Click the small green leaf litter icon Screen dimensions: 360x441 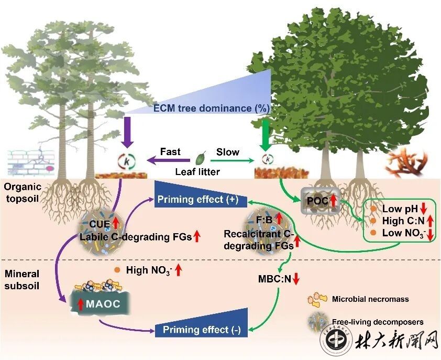pos(200,158)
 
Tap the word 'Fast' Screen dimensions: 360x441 pos(170,152)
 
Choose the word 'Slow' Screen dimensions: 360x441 pos(228,152)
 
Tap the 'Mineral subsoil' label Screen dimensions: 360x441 pos(20,279)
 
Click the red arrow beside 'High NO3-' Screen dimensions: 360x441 pos(178,270)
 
